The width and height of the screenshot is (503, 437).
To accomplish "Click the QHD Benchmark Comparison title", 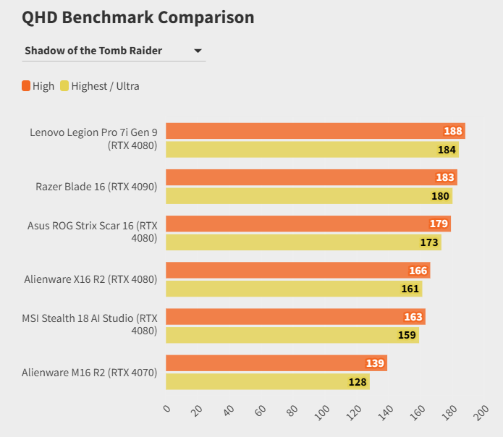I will pos(138,17).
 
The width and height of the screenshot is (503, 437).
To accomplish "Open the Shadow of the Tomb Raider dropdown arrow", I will pos(198,51).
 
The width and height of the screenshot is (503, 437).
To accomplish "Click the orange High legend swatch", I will pos(26,86).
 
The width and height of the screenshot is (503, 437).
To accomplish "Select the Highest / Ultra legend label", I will pos(105,86).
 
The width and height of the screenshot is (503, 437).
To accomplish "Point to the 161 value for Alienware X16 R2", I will pos(410,289).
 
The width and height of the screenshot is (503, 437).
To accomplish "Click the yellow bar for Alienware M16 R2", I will pos(268,381).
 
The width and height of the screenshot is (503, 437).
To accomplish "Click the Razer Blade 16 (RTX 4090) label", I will pos(96,187).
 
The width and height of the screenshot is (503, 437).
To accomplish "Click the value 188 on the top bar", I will pos(453,131).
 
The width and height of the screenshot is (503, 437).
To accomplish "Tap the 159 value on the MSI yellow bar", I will pos(407,335).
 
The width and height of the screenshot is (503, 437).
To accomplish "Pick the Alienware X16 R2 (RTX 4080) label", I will pos(90,279).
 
